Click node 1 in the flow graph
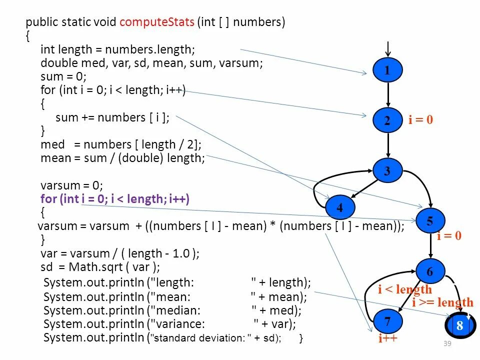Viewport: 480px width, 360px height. coord(387,70)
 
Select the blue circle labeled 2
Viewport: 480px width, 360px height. coord(387,120)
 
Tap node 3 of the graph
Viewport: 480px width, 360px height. coord(387,171)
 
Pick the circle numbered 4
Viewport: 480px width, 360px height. coord(340,207)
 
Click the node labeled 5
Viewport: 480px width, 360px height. coord(429,220)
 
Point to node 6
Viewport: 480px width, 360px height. coord(430,272)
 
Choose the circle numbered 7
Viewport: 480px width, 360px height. coord(387,320)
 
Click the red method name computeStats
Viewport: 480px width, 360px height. coord(156,22)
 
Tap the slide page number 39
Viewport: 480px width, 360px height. coord(447,343)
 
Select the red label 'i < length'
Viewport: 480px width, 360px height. coord(405,289)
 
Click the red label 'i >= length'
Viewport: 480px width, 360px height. coord(442,302)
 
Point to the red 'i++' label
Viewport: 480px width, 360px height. coord(387,338)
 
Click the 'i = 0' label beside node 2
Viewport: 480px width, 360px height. coord(420,120)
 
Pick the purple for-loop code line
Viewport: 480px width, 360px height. coord(115,198)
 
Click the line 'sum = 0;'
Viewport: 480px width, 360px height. coord(63,76)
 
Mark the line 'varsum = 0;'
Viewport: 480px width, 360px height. coord(71,185)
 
